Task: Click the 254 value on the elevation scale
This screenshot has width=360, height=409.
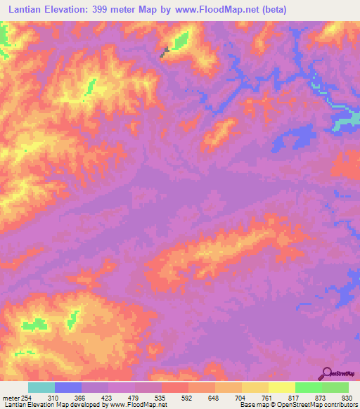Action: click(26, 398)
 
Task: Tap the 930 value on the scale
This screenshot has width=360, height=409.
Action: click(347, 398)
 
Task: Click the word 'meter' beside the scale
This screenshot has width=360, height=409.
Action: click(10, 398)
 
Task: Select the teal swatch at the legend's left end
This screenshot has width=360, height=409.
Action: click(41, 387)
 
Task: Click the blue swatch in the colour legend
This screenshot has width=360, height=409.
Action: click(68, 387)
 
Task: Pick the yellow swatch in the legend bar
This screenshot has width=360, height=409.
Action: click(281, 387)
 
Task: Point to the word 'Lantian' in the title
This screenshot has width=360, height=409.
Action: click(24, 8)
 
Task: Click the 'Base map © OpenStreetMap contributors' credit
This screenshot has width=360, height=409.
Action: click(300, 405)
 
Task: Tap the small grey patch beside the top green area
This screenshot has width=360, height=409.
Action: click(166, 51)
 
